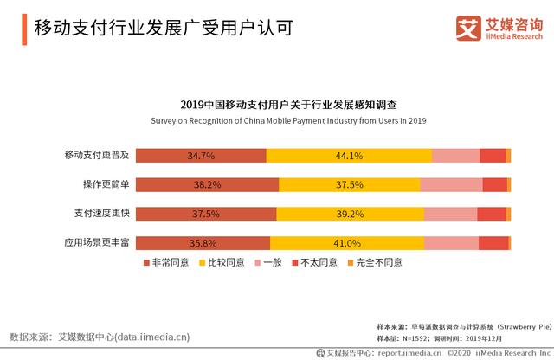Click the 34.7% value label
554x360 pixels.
200,156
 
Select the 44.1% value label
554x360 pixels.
349,156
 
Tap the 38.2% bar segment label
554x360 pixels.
208,185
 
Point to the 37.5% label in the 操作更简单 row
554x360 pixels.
349,185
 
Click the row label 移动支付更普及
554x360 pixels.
97,156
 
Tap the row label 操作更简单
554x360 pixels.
106,185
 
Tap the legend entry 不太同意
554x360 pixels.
317,262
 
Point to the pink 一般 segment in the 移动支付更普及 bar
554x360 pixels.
455,156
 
